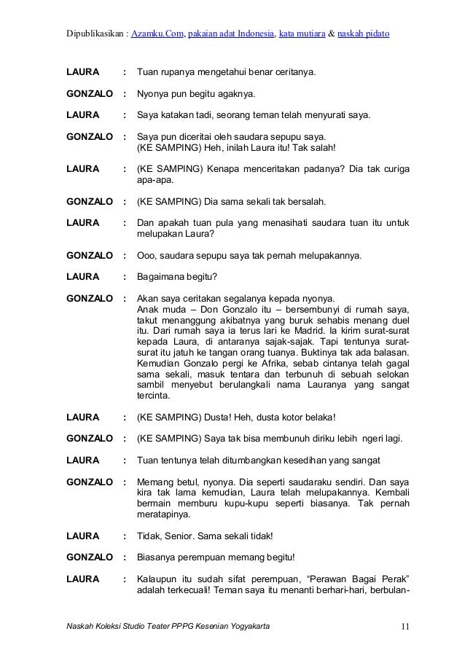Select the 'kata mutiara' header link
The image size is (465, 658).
[302, 34]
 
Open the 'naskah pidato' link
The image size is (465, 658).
[364, 34]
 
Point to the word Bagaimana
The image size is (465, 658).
[163, 277]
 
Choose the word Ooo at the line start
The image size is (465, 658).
[147, 256]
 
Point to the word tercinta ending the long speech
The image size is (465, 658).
[155, 396]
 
